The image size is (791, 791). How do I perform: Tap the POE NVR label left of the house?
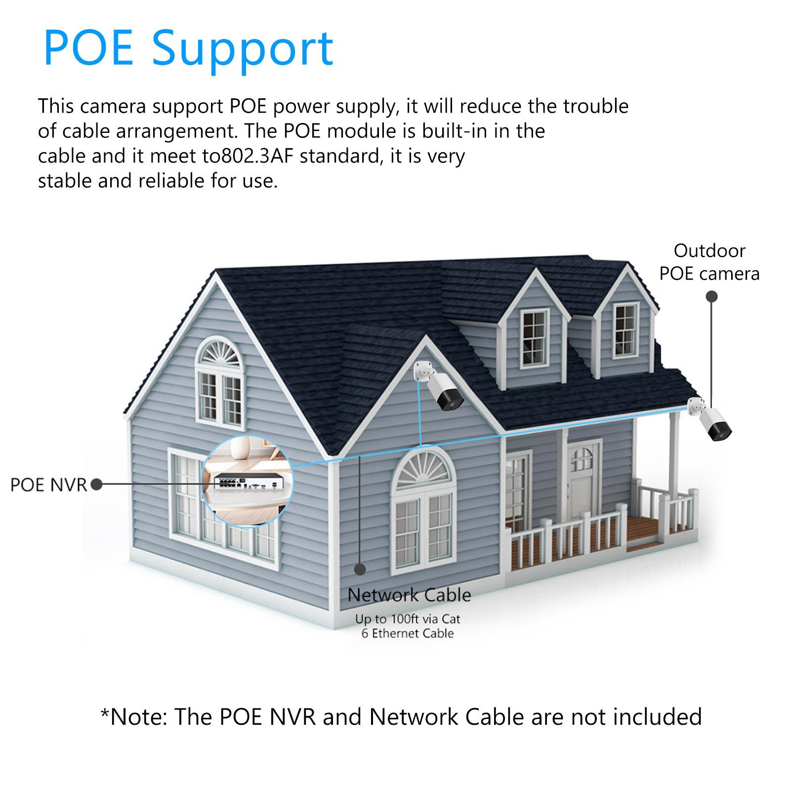coord(48,485)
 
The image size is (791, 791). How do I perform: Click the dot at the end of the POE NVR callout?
coord(97,485)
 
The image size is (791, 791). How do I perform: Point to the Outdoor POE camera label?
coord(709,262)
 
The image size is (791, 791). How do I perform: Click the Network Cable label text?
coord(409,595)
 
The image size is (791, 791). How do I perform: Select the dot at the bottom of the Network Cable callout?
coord(360,569)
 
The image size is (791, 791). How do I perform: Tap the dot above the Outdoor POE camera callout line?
coord(711,297)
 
